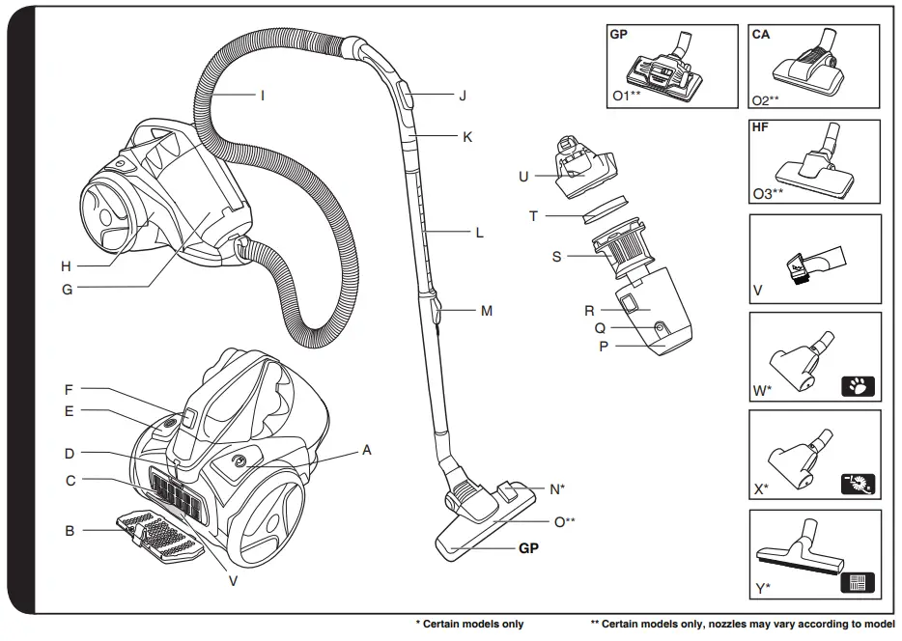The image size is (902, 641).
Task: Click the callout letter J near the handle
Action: click(x=463, y=96)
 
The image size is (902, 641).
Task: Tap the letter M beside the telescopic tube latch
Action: click(x=487, y=311)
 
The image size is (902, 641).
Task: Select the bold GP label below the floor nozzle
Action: click(x=528, y=546)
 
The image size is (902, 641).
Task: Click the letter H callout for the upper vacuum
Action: click(x=66, y=265)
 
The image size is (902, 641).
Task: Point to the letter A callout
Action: click(x=367, y=449)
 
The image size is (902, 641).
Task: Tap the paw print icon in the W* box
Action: click(x=859, y=388)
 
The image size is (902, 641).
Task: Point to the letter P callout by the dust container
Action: click(x=603, y=345)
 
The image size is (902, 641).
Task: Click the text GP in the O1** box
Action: click(x=619, y=33)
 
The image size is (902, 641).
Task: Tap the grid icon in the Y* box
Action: click(x=859, y=582)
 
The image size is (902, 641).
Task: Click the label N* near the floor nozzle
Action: click(x=557, y=489)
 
